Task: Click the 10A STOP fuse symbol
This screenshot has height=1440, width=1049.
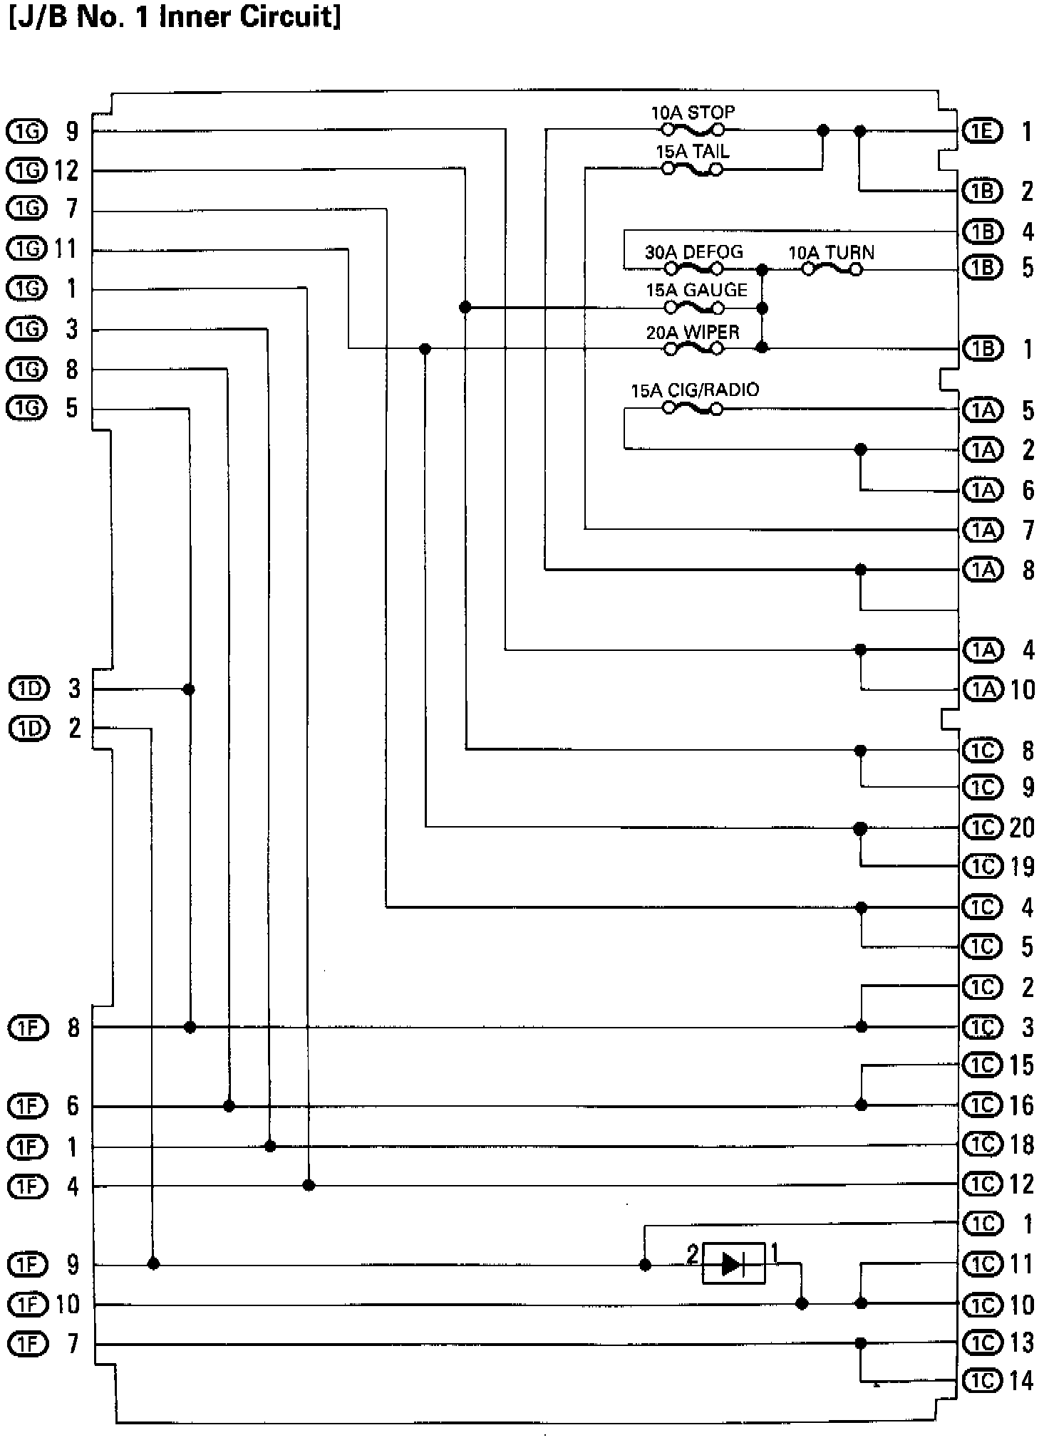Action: [x=693, y=130]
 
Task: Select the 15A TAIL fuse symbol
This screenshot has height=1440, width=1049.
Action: [x=693, y=169]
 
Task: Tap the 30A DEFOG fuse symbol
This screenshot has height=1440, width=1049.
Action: [x=693, y=269]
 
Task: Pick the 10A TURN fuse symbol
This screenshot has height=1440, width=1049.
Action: [x=832, y=269]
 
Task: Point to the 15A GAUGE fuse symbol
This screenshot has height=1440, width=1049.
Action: [x=693, y=308]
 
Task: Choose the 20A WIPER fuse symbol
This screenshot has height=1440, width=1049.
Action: [x=693, y=348]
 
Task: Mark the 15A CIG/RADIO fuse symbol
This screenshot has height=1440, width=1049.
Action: [x=693, y=409]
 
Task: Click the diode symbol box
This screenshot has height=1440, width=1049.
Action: [x=733, y=1263]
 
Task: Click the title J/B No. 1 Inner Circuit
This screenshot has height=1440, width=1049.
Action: [x=175, y=16]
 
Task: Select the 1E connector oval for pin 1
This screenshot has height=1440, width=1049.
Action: [x=982, y=131]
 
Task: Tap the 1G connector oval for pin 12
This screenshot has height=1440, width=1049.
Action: [x=26, y=170]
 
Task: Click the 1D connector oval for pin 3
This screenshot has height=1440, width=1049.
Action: [x=29, y=689]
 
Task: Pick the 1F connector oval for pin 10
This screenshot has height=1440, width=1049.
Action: [x=27, y=1304]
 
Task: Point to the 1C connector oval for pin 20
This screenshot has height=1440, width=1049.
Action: [x=982, y=828]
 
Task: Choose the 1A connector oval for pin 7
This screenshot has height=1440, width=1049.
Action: [x=982, y=530]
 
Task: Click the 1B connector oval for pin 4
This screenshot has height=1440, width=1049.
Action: [x=982, y=231]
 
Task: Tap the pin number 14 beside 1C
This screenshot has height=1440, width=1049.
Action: [x=1021, y=1381]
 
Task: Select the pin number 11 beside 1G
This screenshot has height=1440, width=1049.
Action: [x=66, y=249]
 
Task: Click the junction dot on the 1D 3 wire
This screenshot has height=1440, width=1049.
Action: [x=189, y=689]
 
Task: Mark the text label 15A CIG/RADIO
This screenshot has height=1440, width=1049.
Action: [x=694, y=390]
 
